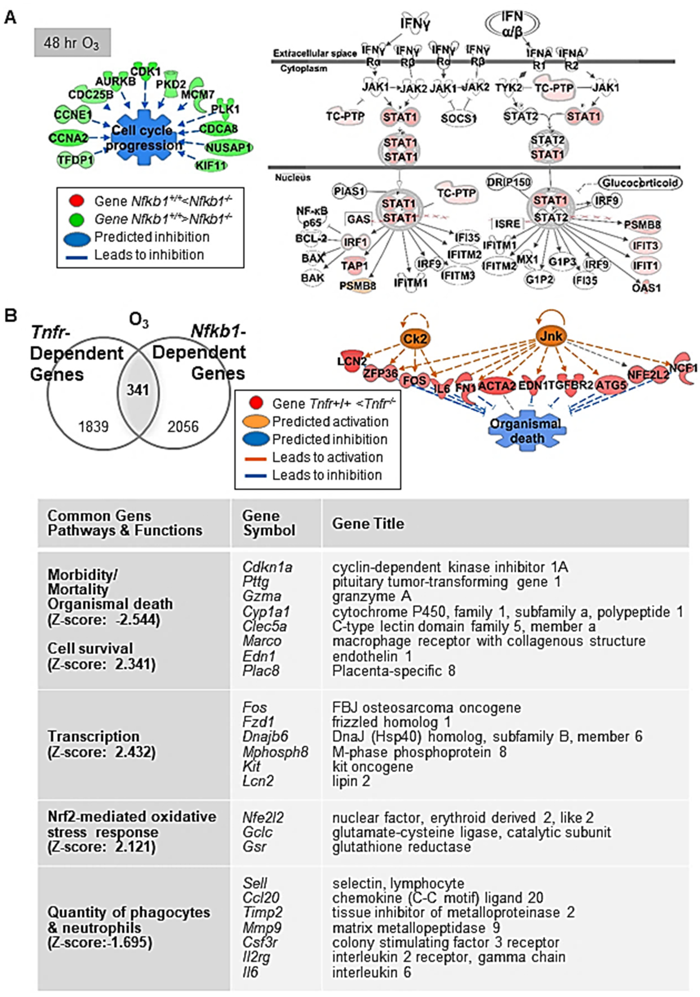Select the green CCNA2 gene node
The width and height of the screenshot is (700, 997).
click(x=69, y=138)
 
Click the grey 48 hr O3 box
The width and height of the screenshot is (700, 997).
click(x=72, y=43)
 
